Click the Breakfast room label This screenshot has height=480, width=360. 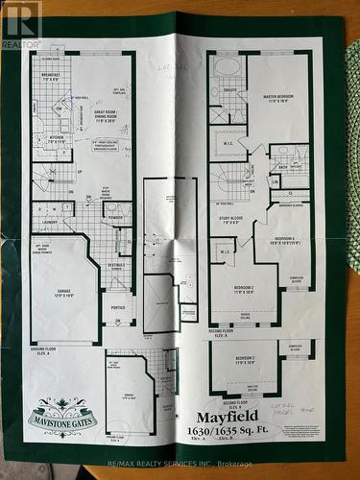point(50,78)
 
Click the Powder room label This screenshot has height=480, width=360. point(115,218)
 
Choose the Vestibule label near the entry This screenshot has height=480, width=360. point(115,266)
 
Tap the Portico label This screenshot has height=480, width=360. point(117,307)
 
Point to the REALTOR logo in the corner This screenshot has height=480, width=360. point(20,24)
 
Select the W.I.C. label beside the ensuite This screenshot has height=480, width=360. point(228,146)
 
